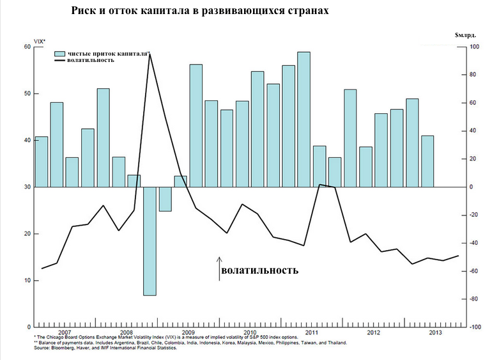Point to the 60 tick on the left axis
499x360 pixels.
[x=27, y=47]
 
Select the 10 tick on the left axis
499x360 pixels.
[x=27, y=281]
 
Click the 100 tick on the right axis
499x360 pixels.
[x=474, y=47]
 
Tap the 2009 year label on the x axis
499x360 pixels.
[x=188, y=333]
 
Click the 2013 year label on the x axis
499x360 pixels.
[x=434, y=333]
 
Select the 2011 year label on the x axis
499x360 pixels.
[x=311, y=333]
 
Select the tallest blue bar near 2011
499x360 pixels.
[x=304, y=119]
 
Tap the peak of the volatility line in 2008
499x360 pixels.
[x=150, y=54]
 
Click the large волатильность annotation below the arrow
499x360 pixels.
[x=259, y=270]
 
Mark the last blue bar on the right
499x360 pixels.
[x=427, y=161]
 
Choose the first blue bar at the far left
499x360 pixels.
[x=42, y=162]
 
